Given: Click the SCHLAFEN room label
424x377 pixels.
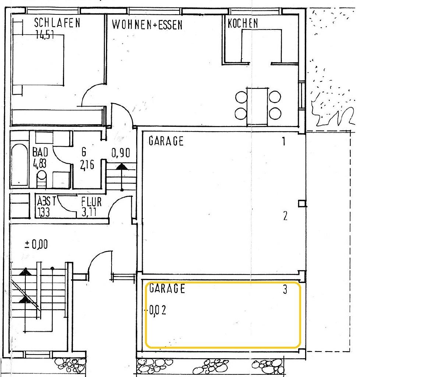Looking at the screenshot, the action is (x=57, y=23).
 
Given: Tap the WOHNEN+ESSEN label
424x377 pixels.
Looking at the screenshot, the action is (x=147, y=25).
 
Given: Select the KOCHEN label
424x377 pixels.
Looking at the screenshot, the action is (x=243, y=23).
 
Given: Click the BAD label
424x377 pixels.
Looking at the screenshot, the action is (x=40, y=152).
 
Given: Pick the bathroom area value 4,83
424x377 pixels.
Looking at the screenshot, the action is (x=39, y=164).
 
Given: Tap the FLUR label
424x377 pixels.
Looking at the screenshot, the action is (x=91, y=202).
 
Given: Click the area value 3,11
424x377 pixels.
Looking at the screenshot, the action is (x=89, y=212).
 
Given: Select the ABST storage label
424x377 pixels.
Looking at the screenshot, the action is (x=46, y=202).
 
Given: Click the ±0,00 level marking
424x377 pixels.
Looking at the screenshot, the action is (x=36, y=244).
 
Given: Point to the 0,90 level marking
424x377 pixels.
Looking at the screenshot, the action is (x=121, y=153).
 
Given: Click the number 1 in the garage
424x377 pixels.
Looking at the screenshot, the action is (x=284, y=141).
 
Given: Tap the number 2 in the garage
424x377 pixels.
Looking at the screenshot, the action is (x=285, y=216).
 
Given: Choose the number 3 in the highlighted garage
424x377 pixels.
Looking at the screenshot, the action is (x=285, y=290).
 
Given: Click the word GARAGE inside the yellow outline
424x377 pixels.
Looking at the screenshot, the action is (x=167, y=289).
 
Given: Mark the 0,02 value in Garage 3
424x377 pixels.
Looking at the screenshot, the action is (x=158, y=310).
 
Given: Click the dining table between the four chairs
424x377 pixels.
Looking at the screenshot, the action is (x=257, y=106).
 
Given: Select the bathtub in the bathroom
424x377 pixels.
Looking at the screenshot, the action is (x=19, y=165).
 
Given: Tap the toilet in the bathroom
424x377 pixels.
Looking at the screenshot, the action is (x=42, y=178).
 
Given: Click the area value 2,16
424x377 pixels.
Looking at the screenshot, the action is (x=87, y=165).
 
